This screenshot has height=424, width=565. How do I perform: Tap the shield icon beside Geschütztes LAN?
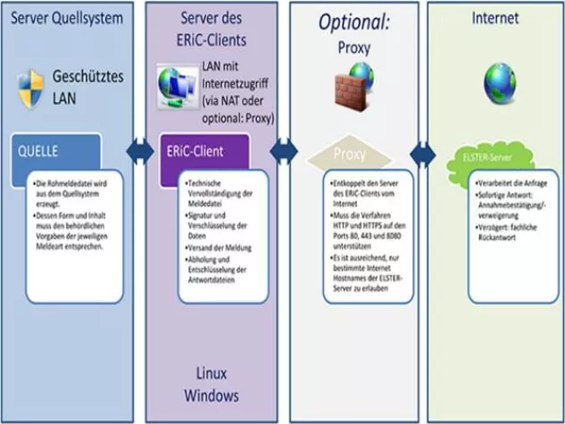30,88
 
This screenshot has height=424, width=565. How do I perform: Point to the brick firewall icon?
355,90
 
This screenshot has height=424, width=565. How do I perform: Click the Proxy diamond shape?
350,154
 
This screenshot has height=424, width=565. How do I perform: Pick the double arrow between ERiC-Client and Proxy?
284,151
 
